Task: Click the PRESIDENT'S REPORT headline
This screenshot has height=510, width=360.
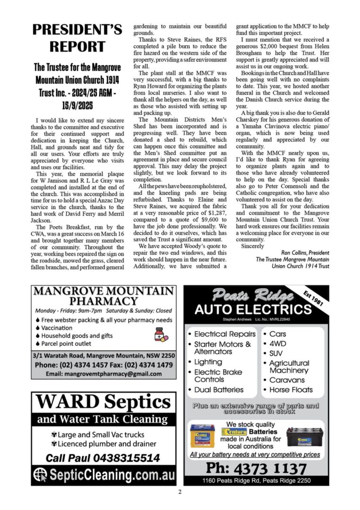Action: point(77,38)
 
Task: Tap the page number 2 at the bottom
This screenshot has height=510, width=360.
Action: point(180,492)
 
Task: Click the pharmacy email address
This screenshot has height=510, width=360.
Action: point(104,374)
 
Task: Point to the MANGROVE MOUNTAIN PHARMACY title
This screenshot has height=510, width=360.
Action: point(104,296)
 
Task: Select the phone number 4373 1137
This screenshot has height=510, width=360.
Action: point(256,469)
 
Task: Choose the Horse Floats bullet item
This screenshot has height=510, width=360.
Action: point(291,390)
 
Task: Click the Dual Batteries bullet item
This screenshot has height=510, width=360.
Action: point(219,390)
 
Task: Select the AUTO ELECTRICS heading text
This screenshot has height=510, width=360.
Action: point(253,310)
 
